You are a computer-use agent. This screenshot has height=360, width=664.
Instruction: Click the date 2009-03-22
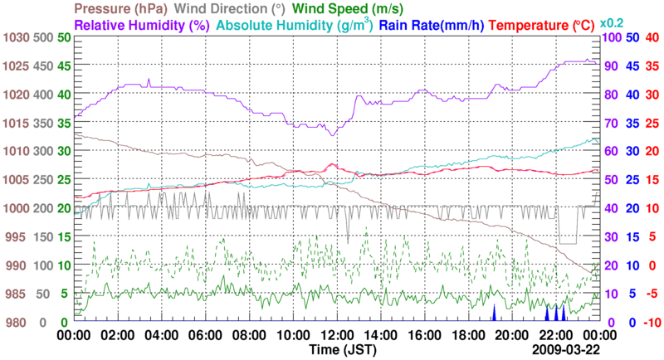coord(565,351)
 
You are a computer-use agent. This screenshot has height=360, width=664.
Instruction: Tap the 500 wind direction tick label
coord(43,37)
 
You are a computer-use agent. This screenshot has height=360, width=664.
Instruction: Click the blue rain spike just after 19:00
coord(494,313)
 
